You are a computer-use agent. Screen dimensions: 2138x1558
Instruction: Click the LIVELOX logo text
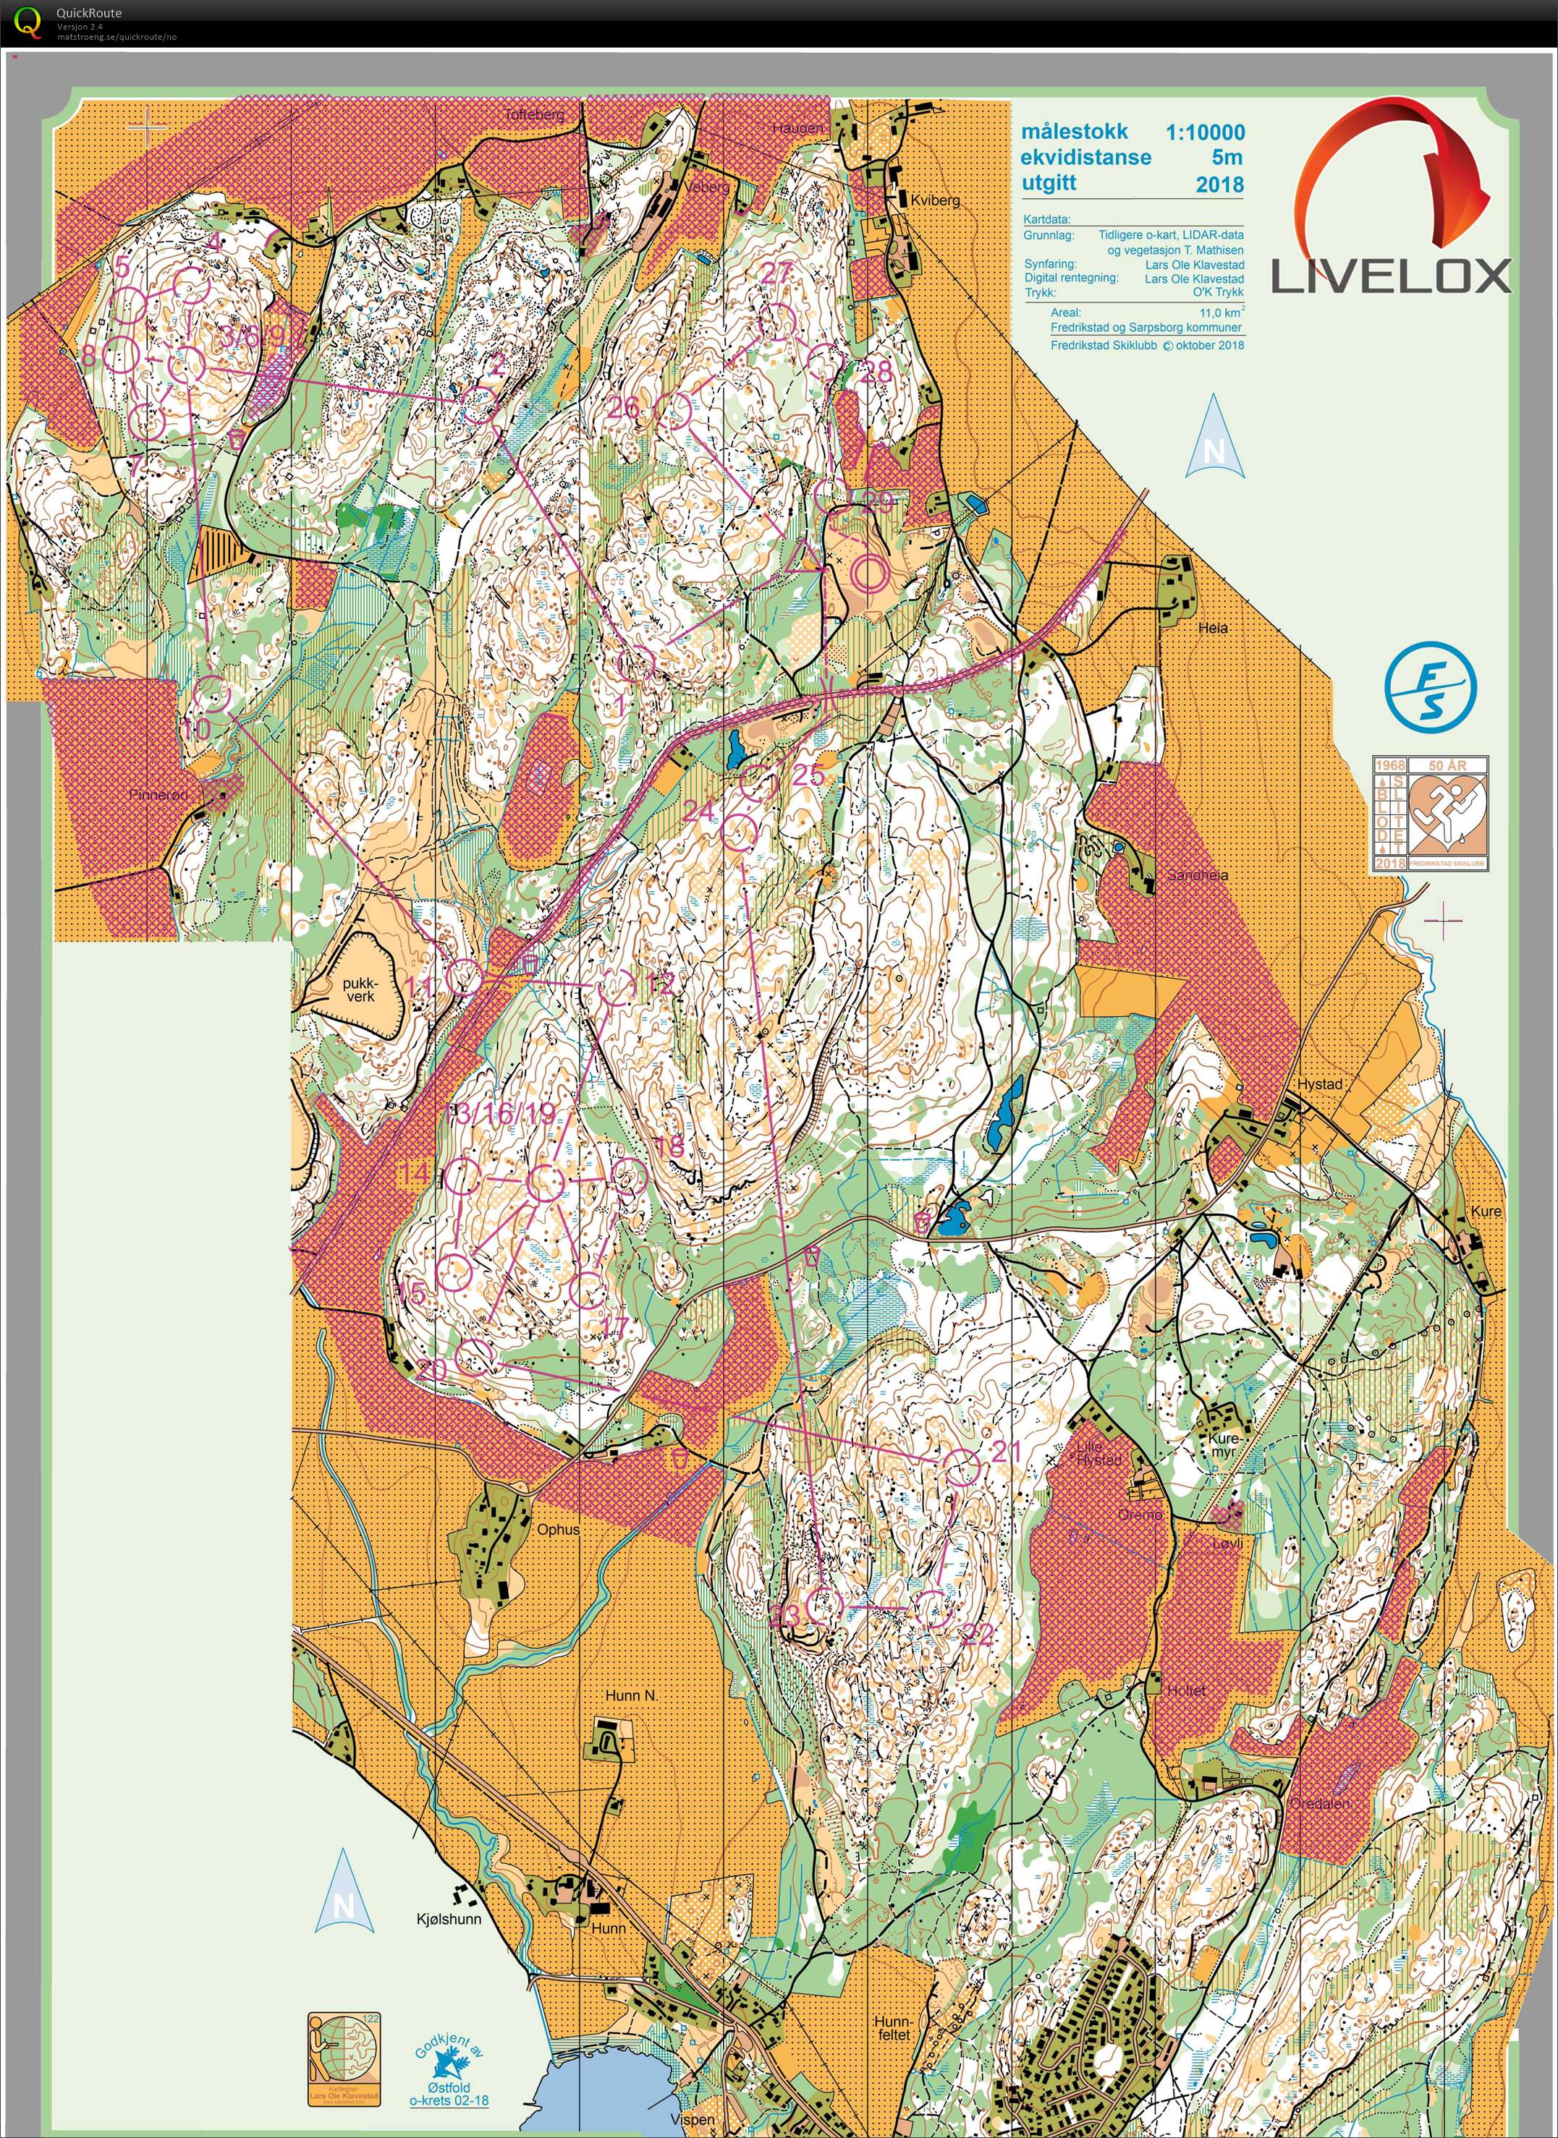point(1391,276)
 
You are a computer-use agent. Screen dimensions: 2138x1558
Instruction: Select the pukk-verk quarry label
point(360,989)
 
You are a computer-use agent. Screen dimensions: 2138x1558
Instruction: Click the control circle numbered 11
point(464,976)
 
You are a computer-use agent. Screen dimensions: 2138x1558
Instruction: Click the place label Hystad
point(1318,1084)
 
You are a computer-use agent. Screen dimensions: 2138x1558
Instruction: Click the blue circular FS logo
point(1430,687)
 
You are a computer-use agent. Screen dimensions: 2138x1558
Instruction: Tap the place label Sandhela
point(1198,876)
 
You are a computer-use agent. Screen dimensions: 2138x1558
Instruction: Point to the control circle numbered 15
point(454,1273)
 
